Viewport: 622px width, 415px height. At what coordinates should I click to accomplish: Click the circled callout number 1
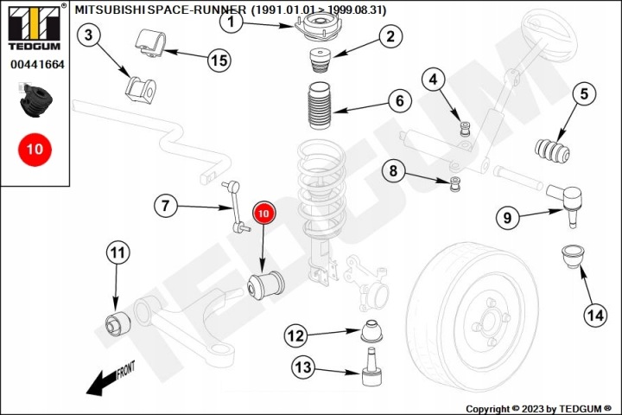tap(231, 22)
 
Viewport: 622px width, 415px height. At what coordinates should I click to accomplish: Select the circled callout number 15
tap(218, 60)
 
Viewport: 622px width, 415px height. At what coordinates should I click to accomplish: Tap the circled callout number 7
tap(167, 206)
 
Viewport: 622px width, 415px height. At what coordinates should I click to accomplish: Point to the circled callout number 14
tap(594, 316)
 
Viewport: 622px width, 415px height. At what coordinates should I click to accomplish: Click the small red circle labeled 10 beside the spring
tap(263, 211)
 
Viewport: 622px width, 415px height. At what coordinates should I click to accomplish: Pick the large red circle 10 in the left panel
tap(34, 149)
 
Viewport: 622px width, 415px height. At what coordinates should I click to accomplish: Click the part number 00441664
tap(37, 65)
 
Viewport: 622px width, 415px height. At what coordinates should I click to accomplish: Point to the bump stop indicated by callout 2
tap(317, 65)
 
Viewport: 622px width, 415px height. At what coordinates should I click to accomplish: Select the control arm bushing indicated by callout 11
tap(116, 322)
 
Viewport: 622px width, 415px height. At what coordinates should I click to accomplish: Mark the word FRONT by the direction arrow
tap(124, 371)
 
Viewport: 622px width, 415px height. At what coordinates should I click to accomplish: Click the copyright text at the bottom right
tap(538, 408)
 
